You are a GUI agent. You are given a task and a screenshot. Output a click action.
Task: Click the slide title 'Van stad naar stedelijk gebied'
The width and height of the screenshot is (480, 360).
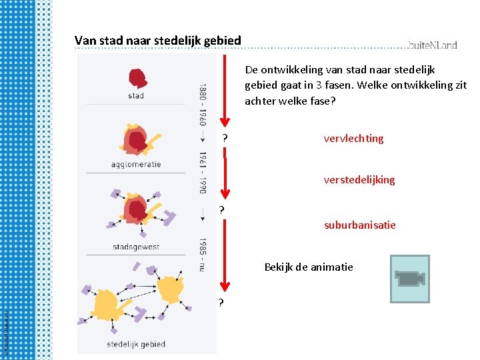[x=158, y=41]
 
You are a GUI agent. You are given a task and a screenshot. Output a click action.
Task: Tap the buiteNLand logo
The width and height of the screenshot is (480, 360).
[x=433, y=45]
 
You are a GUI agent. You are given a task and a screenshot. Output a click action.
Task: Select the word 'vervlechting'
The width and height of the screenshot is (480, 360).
[x=353, y=139]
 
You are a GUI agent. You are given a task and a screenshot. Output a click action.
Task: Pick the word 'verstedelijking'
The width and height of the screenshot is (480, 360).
[x=359, y=180]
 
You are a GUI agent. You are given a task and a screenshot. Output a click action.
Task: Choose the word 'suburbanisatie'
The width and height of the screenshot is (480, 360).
[x=360, y=225]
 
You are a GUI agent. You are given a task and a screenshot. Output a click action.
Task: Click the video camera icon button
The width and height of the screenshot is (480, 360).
[x=409, y=279]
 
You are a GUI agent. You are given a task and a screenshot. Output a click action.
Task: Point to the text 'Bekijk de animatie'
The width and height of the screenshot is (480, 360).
[x=309, y=267]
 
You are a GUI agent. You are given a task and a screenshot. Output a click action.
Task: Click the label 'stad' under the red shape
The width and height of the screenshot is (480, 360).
[x=135, y=96]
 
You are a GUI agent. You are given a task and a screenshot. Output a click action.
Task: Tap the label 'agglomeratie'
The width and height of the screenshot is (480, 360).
[x=136, y=165]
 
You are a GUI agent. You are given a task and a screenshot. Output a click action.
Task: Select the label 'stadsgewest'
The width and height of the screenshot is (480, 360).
[x=136, y=247]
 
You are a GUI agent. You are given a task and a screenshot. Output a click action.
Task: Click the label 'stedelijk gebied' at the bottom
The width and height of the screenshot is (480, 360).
[x=136, y=344]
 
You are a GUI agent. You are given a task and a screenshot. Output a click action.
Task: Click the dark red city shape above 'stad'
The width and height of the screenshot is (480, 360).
[x=137, y=79]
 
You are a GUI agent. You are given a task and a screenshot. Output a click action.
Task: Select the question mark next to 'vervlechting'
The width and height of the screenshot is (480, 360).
[x=225, y=139]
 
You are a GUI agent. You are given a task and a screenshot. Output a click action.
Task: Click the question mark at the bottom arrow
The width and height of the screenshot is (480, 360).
[x=221, y=303]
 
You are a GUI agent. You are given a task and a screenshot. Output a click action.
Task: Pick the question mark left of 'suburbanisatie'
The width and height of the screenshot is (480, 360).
[x=221, y=210]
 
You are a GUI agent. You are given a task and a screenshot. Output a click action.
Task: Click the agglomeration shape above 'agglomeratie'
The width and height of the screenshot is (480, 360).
[x=137, y=140]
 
